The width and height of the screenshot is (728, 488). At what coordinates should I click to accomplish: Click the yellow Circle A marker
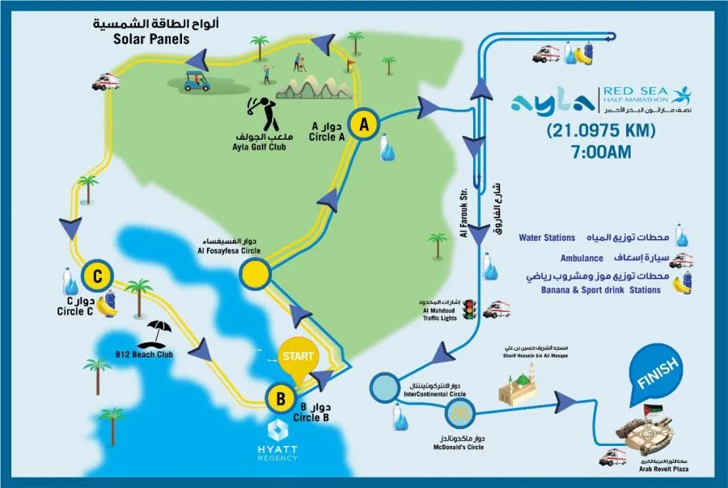pyautogui.click(x=363, y=124)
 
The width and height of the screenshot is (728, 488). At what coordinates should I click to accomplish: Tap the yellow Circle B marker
pyautogui.click(x=281, y=398)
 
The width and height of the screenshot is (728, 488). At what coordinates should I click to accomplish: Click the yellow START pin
pyautogui.click(x=299, y=360)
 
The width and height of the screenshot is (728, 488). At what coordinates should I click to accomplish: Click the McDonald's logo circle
pyautogui.click(x=458, y=415)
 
